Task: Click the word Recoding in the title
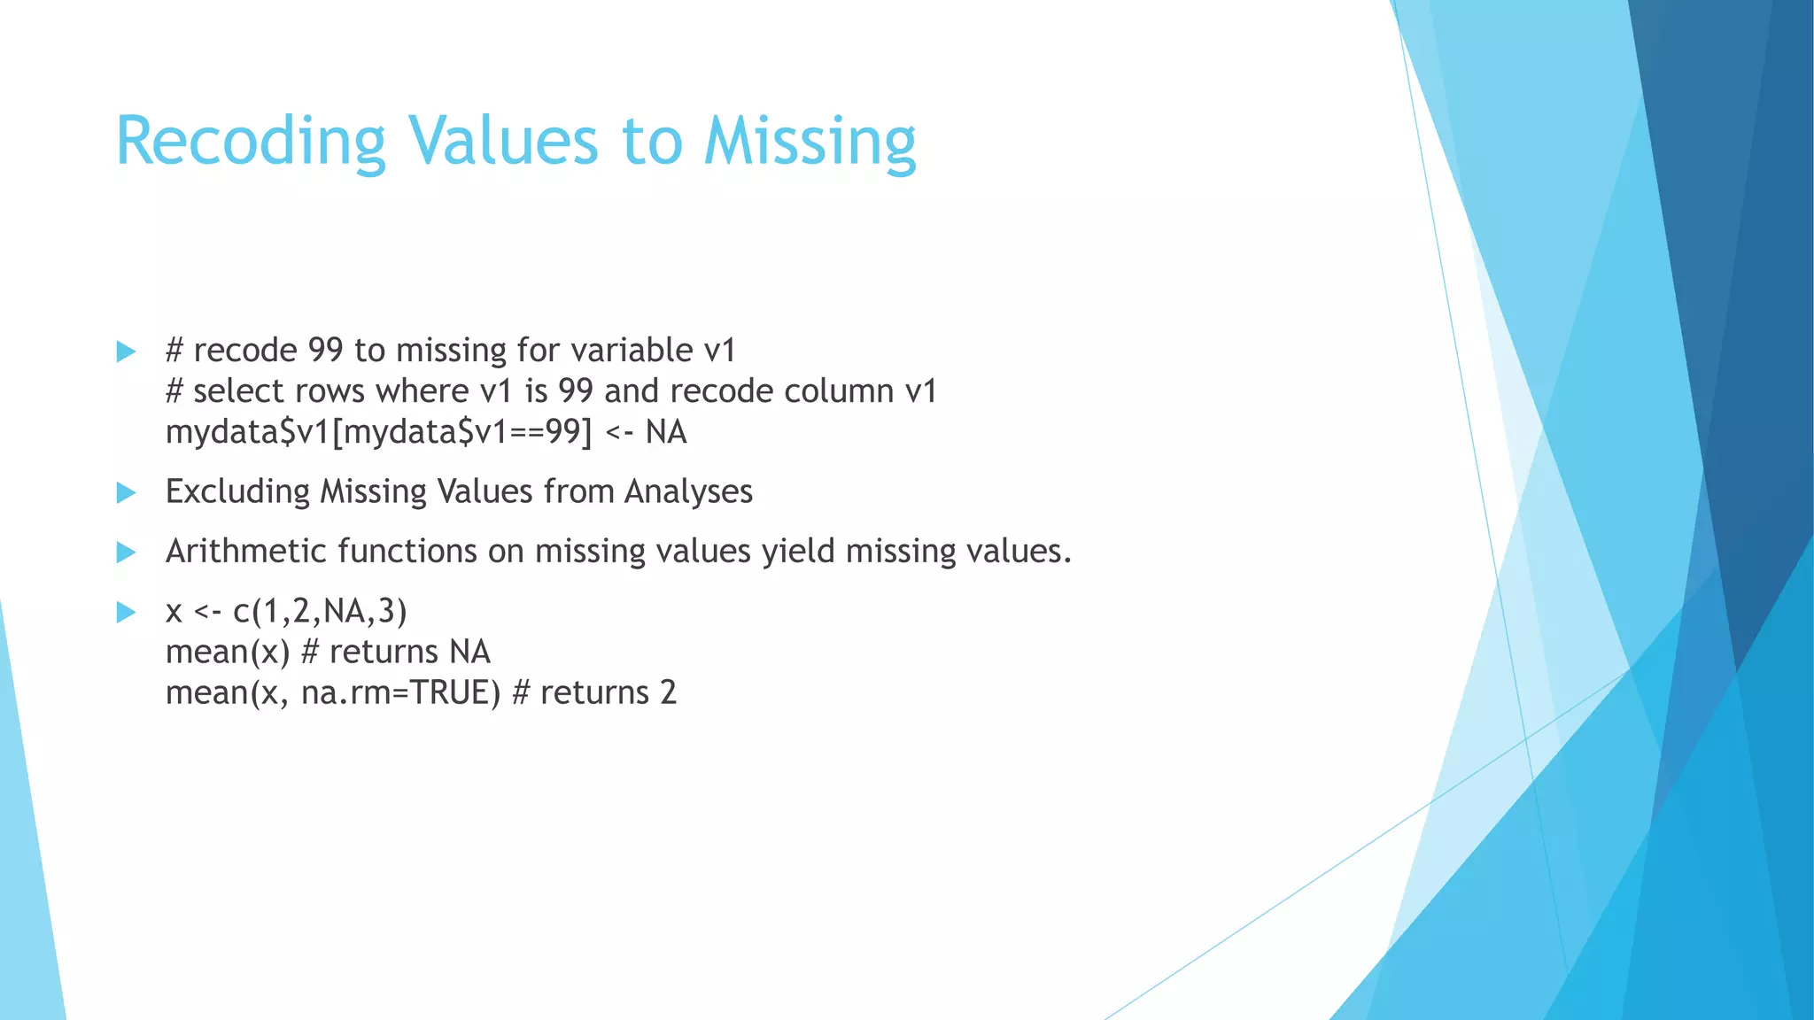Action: (x=251, y=142)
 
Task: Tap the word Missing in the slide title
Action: (x=810, y=142)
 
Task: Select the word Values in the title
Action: (x=502, y=142)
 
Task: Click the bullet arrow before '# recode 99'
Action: (x=127, y=352)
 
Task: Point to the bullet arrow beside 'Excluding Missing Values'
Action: (x=127, y=492)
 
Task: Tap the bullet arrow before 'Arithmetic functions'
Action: (x=127, y=552)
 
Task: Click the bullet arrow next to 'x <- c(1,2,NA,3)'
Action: (x=127, y=612)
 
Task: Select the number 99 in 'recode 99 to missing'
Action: (x=325, y=351)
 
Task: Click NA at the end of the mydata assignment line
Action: (x=666, y=432)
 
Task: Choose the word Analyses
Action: (x=688, y=492)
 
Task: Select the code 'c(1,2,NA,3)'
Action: (x=320, y=612)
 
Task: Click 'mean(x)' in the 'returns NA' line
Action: (x=228, y=653)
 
